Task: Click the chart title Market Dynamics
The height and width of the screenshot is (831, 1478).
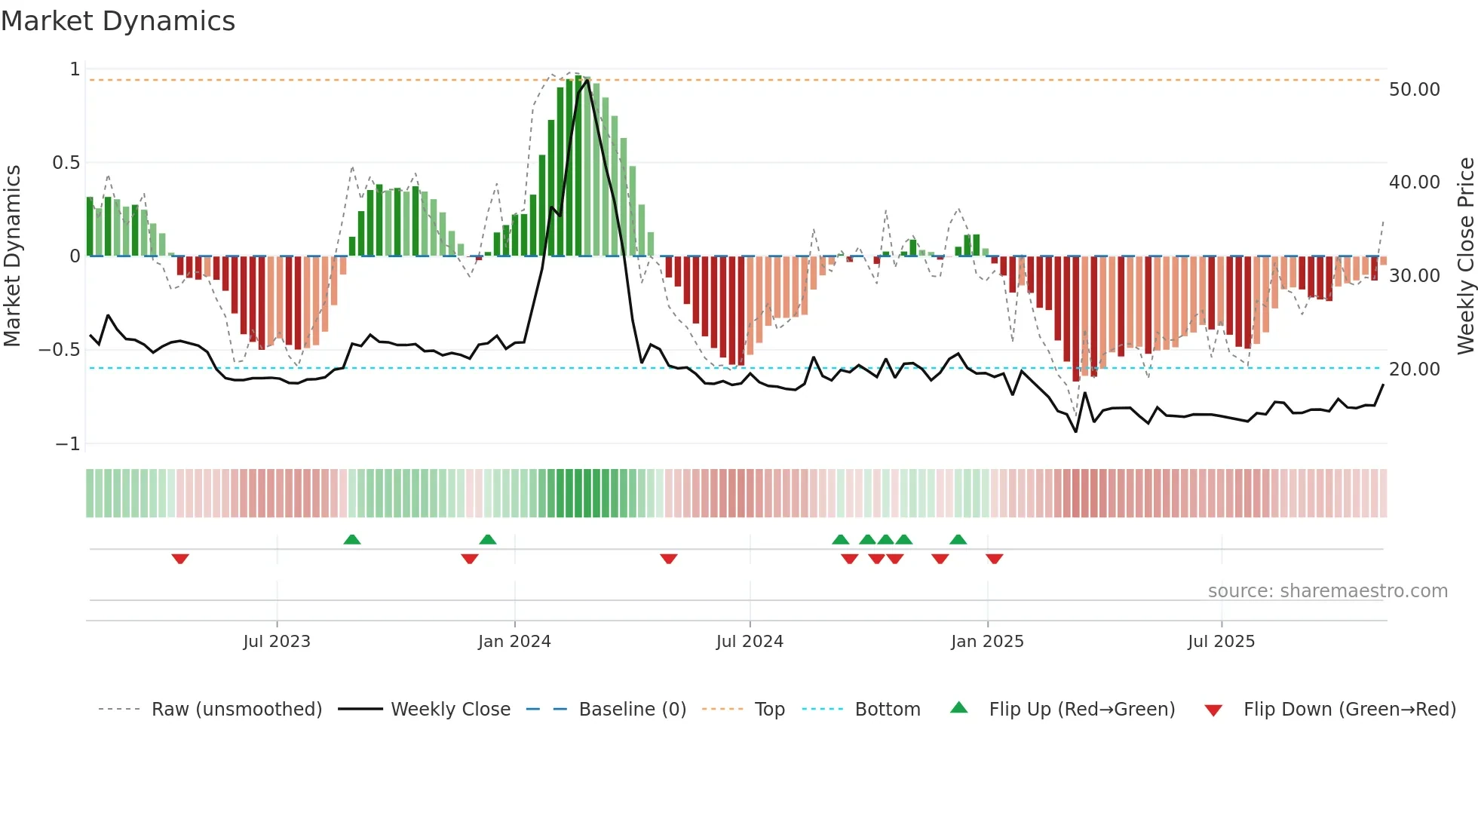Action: click(118, 21)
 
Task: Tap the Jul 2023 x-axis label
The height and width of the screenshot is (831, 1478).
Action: click(277, 641)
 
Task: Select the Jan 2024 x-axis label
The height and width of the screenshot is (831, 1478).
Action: click(514, 641)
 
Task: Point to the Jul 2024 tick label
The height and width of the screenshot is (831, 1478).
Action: click(750, 641)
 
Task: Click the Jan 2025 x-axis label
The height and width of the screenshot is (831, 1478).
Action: click(987, 641)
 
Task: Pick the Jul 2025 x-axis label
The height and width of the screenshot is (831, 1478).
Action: click(1221, 641)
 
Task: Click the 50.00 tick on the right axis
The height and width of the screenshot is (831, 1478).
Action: click(1414, 90)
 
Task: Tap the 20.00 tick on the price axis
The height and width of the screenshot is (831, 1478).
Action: click(1414, 370)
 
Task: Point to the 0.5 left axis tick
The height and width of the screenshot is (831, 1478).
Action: click(66, 163)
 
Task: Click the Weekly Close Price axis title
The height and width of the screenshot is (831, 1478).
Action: click(1465, 256)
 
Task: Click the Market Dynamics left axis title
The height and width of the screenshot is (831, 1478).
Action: click(12, 256)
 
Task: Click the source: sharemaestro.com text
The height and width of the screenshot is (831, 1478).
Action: click(1327, 591)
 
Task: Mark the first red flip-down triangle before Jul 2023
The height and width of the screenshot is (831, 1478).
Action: click(180, 559)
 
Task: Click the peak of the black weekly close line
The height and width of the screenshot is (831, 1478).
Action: click(587, 81)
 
